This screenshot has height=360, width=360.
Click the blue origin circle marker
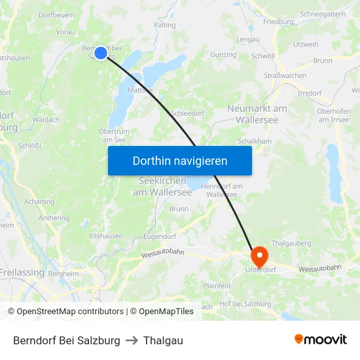pos(100,52)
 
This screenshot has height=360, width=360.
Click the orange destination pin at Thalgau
pos(257,254)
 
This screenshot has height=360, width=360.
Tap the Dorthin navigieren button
pos(180,160)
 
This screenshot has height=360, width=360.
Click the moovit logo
pos(320,340)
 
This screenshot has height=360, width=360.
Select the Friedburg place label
pos(278,22)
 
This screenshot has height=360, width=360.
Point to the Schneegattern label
pos(322,14)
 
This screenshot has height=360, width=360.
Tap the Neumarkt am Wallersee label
pos(257,114)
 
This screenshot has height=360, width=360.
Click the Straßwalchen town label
pos(285,75)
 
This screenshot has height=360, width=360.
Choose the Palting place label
pos(164,25)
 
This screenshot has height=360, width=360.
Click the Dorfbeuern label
pos(57,14)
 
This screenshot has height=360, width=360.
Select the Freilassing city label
pos(22,272)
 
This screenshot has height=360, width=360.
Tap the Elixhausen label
pos(106,235)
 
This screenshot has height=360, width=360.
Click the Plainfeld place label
pos(217,285)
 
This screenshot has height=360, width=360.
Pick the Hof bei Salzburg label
pos(245,303)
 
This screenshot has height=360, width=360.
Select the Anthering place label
pos(54,218)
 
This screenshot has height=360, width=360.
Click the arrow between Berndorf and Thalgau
pos(132,340)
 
